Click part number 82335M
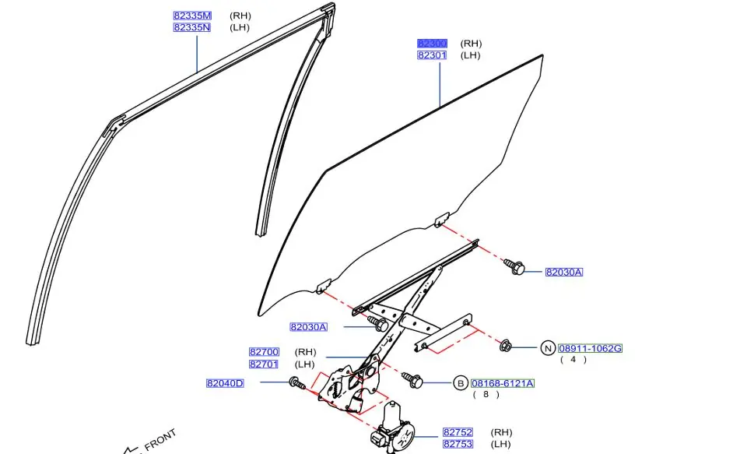pos(191,16)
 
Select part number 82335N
pos(191,27)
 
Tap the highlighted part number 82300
pos(432,44)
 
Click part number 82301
pos(432,55)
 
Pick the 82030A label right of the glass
pos(563,272)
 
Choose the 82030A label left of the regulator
pos(308,327)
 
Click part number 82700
pos(264,352)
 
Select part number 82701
pos(264,364)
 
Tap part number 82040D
pos(225,383)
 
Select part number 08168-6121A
pos(503,383)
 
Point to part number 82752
pos(458,432)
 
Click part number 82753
pos(458,444)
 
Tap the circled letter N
pos(548,348)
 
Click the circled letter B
pos(460,383)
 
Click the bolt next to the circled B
pos(412,380)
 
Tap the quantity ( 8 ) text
pos(486,395)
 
